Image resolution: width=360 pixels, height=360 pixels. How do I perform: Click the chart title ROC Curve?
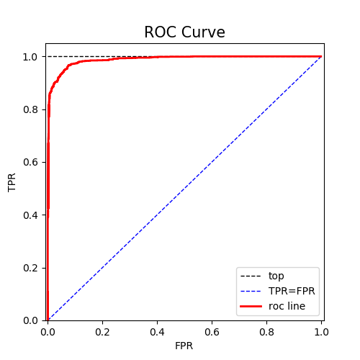[184, 32]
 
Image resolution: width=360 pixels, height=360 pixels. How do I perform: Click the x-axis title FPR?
[184, 346]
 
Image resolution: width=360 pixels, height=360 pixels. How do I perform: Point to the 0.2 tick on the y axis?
[30, 268]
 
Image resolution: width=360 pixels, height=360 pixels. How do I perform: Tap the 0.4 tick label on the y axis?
[30, 215]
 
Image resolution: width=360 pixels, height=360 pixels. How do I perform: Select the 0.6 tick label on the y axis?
[30, 162]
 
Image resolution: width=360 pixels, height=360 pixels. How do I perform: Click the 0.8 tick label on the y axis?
[30, 109]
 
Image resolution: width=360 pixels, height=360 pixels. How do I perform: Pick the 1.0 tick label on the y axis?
[30, 56]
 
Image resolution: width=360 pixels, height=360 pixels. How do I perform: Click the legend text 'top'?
[276, 276]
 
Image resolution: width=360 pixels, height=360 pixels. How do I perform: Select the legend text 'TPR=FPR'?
[292, 291]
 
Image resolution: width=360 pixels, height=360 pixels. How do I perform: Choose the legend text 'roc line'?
[287, 307]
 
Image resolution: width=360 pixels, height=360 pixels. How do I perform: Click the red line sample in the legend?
[251, 307]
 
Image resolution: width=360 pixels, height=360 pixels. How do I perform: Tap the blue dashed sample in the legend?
[251, 291]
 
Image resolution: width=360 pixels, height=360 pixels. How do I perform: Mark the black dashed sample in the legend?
[251, 276]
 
